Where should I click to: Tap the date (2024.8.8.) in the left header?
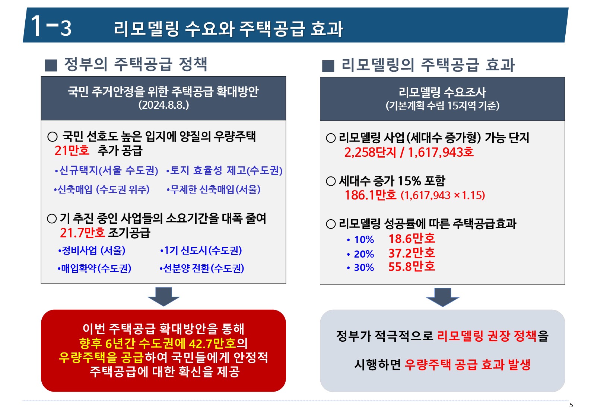pyautogui.click(x=163, y=105)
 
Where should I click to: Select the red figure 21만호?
pyautogui.click(x=72, y=151)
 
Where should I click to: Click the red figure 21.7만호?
pyautogui.click(x=82, y=233)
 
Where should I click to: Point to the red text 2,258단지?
pyautogui.click(x=370, y=153)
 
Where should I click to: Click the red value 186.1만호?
pyautogui.click(x=371, y=195)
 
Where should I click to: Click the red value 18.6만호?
pyautogui.click(x=412, y=239)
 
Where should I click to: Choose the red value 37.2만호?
pyautogui.click(x=412, y=253)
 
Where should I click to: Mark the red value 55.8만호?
pyautogui.click(x=412, y=267)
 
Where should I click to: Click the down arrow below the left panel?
pyautogui.click(x=163, y=297)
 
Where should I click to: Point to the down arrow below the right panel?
pyautogui.click(x=443, y=297)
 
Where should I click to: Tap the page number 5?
pyautogui.click(x=571, y=405)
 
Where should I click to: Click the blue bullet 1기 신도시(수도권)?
pyautogui.click(x=201, y=251)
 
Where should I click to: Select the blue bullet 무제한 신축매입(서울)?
pyautogui.click(x=213, y=189)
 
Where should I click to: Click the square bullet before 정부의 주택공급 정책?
pyautogui.click(x=51, y=66)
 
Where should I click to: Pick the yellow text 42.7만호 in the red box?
pyautogui.click(x=212, y=343)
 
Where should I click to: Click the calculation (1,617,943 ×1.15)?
pyautogui.click(x=443, y=195)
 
